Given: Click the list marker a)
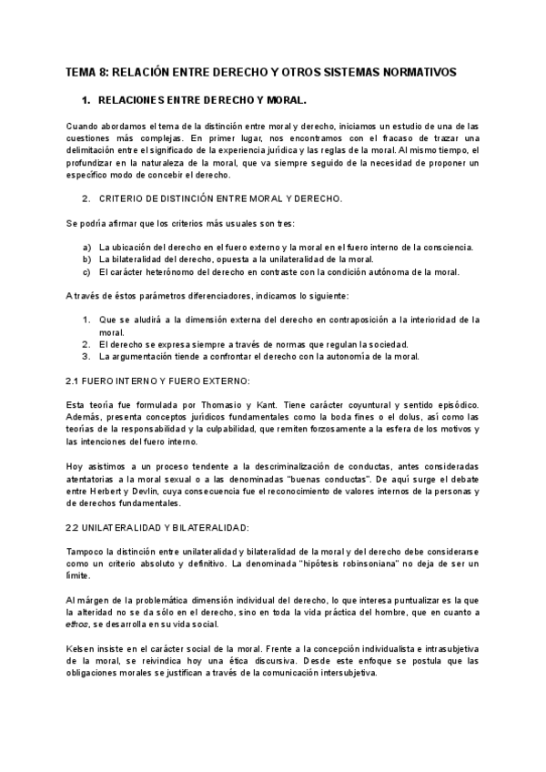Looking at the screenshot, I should [x=86, y=247].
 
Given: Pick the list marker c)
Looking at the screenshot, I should [x=86, y=271].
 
